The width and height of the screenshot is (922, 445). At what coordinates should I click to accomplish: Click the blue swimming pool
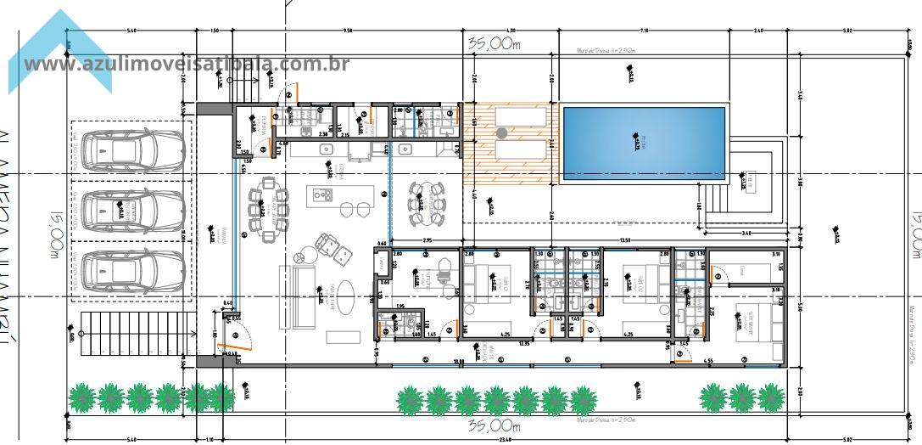645,143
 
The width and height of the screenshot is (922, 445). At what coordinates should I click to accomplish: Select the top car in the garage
131,149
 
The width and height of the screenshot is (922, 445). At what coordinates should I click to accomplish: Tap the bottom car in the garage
131,269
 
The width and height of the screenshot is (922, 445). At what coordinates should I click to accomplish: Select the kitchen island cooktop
323,195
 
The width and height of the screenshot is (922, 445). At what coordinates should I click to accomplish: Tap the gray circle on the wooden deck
502,132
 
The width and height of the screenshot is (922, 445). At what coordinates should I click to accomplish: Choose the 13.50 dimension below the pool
625,240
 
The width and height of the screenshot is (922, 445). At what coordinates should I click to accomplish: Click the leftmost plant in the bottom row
82,397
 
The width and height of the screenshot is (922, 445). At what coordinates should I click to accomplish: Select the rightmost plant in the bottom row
770,397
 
